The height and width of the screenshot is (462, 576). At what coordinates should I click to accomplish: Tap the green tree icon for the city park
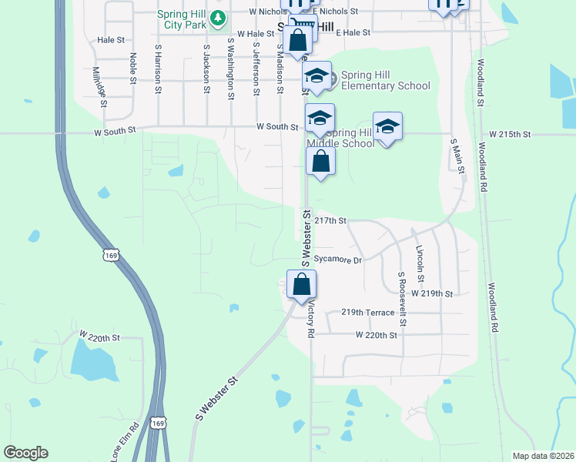(219, 16)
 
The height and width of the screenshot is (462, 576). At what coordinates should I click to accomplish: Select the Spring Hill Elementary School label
(381, 80)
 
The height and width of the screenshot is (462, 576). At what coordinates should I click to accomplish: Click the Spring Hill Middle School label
(340, 139)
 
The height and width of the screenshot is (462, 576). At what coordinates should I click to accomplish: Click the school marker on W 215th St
(388, 127)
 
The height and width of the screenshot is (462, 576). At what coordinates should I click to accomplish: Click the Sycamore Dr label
(338, 260)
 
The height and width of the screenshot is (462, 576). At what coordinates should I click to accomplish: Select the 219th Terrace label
(368, 313)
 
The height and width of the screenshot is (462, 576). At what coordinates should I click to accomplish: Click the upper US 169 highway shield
(111, 255)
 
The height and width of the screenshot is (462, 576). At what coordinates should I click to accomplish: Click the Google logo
(25, 453)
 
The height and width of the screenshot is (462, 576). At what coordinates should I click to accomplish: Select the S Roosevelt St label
(401, 292)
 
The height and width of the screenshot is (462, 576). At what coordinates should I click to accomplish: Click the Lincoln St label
(420, 263)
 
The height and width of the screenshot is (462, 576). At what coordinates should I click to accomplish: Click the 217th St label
(332, 220)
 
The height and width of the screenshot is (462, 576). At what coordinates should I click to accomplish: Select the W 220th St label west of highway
(100, 336)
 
